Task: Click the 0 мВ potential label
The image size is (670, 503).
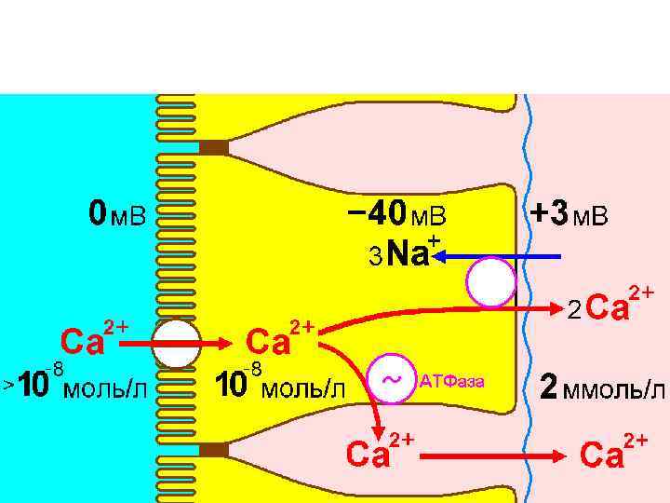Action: [117, 216]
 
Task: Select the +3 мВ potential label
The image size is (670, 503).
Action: [569, 216]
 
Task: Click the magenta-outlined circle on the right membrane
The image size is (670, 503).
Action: [491, 282]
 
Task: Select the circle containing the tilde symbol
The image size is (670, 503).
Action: [393, 380]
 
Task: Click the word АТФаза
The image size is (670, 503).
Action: [452, 380]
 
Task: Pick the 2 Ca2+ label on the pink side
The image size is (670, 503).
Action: [610, 305]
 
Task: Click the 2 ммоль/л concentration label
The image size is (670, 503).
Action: [604, 387]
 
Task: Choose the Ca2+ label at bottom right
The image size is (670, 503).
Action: [614, 454]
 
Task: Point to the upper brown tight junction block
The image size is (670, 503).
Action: [213, 147]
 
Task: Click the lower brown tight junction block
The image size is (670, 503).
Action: [213, 451]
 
